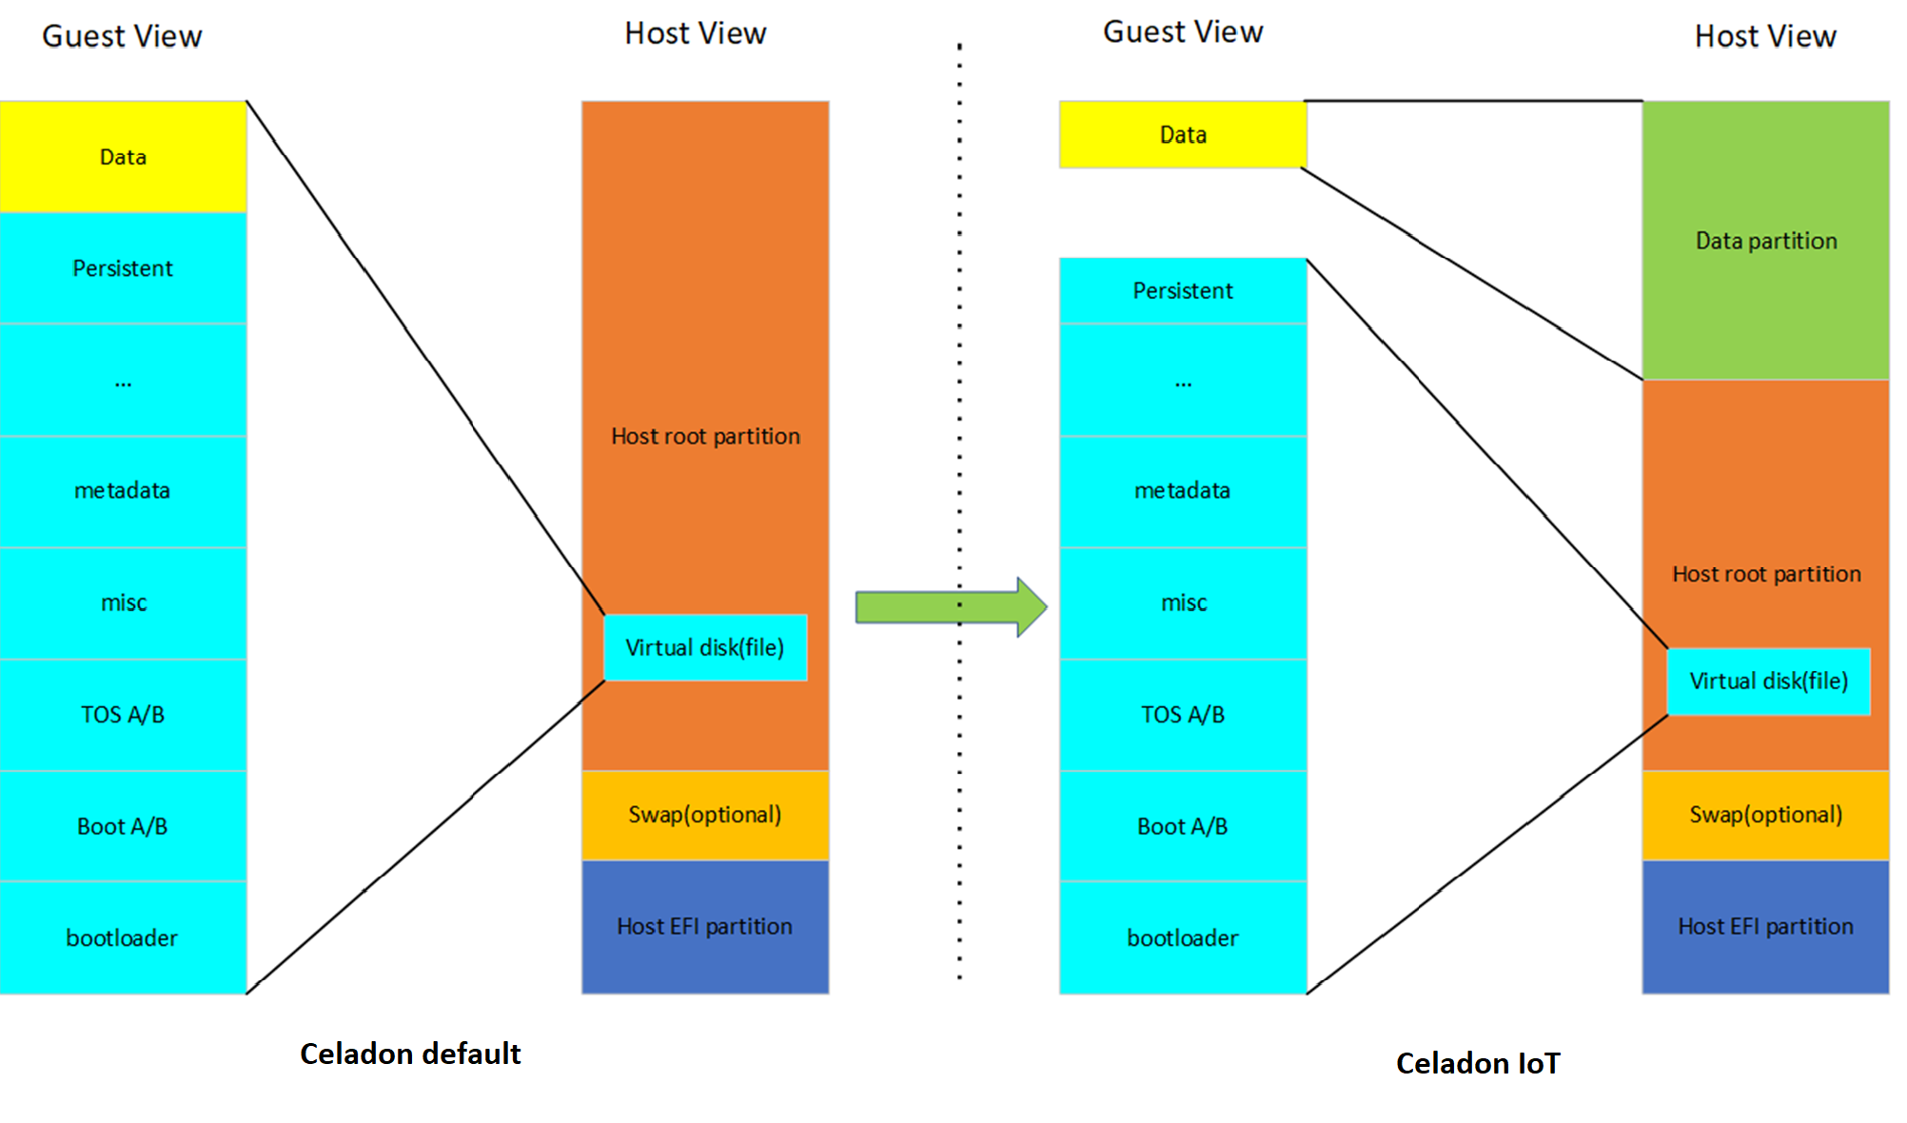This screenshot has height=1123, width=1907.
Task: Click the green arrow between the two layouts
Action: coord(952,606)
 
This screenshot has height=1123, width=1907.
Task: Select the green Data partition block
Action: coord(1765,240)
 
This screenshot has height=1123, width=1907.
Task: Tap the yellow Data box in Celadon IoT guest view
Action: coord(1183,134)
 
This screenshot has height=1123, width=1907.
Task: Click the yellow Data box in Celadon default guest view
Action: coord(123,156)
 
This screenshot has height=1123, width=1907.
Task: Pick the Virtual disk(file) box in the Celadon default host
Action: coord(705,647)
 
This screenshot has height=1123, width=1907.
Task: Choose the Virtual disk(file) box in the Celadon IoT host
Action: coord(1768,680)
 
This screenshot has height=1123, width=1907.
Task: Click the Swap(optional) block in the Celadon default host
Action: coord(705,815)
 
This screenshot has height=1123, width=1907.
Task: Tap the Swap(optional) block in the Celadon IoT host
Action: coord(1765,815)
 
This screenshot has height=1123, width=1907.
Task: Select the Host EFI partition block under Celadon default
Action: coord(705,927)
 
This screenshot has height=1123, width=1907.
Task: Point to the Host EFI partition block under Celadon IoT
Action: coord(1765,927)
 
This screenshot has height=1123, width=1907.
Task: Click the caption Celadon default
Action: coord(410,1054)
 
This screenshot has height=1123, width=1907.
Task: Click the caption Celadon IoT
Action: coord(1478,1063)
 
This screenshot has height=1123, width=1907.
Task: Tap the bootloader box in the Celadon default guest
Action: coord(123,938)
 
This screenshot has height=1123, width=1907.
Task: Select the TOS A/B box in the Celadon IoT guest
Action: coord(1183,715)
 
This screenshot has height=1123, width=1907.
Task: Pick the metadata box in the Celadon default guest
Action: coord(123,491)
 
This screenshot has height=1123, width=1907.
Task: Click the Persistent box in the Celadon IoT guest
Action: coord(1183,290)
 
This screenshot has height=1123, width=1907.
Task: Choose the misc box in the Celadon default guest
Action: coord(123,602)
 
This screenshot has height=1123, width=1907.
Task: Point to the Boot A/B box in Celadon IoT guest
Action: coord(1183,826)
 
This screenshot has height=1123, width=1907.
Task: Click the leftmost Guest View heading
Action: coord(122,36)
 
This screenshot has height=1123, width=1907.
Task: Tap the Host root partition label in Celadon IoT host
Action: coord(1766,574)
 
